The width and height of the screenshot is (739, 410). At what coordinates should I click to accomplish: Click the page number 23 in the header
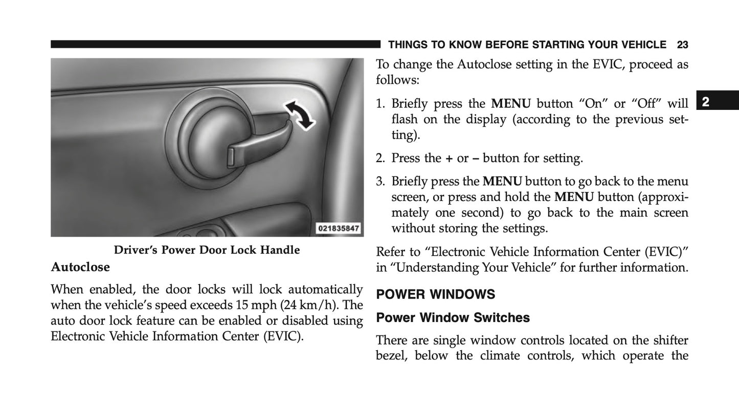[x=682, y=45]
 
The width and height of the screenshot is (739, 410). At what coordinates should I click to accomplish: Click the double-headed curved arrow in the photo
[x=300, y=114]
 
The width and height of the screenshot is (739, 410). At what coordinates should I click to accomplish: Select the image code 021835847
[x=338, y=229]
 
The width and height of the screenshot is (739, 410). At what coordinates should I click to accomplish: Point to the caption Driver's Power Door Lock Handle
[x=207, y=250]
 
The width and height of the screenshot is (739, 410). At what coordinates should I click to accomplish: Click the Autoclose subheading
[x=80, y=267]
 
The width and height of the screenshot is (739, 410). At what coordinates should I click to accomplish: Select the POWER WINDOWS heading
[x=436, y=294]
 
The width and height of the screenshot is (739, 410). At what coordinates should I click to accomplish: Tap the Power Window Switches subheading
[x=453, y=318]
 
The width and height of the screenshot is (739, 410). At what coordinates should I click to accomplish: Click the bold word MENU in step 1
[x=510, y=104]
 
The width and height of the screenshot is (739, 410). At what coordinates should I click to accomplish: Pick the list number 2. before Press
[x=380, y=158]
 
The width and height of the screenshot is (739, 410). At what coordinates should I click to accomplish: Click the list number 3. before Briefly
[x=380, y=181]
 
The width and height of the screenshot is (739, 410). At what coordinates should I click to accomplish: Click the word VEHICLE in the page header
[x=643, y=45]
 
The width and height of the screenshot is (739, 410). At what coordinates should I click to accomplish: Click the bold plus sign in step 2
[x=449, y=158]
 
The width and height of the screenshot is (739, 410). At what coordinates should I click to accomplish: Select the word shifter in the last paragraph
[x=670, y=340]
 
